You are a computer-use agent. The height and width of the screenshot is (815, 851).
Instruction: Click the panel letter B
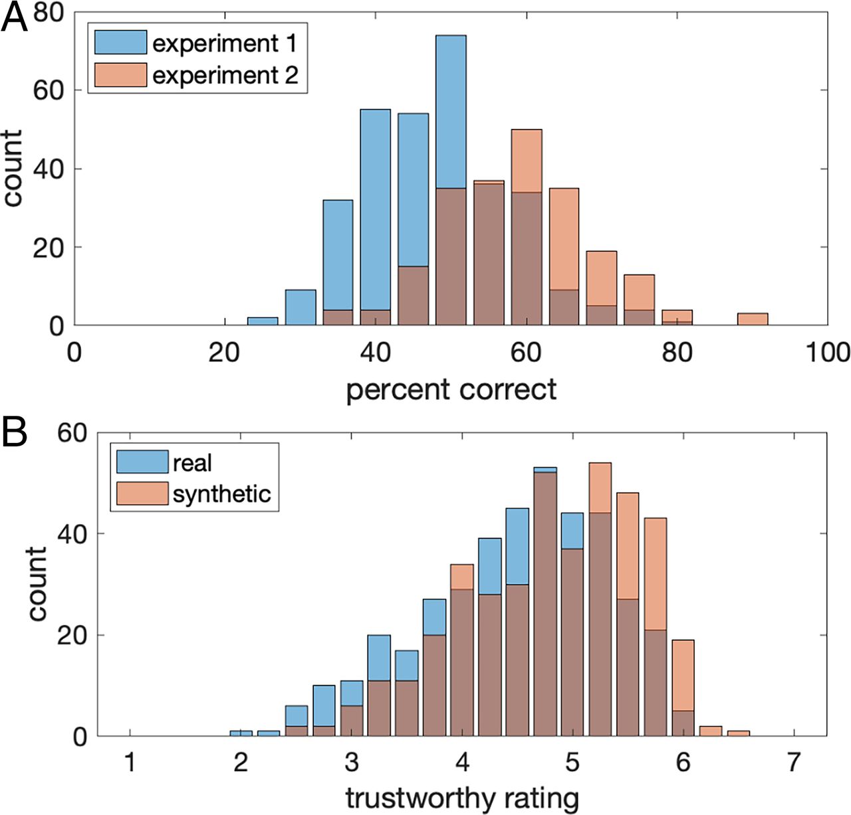[15, 432]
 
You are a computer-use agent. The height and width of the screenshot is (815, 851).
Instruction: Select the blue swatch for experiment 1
[120, 43]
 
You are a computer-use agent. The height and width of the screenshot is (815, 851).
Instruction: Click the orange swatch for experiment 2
[120, 75]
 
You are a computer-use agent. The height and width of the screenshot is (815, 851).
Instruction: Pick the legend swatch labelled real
[142, 462]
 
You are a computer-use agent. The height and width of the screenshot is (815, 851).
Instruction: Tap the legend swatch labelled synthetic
[142, 494]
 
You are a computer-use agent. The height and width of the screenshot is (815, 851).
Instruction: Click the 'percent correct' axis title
[451, 389]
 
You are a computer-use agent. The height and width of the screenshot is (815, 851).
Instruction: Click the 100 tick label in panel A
[828, 352]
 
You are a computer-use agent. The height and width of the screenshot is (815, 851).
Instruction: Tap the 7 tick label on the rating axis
[793, 762]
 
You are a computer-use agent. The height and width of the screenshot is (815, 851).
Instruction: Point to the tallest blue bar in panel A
[451, 179]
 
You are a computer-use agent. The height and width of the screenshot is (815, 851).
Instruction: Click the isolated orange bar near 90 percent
[753, 319]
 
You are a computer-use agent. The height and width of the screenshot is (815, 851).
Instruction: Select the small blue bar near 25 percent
[263, 321]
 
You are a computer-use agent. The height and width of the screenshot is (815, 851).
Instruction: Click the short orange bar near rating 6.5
[738, 733]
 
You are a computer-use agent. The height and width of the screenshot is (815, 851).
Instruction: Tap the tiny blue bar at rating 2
[241, 733]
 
